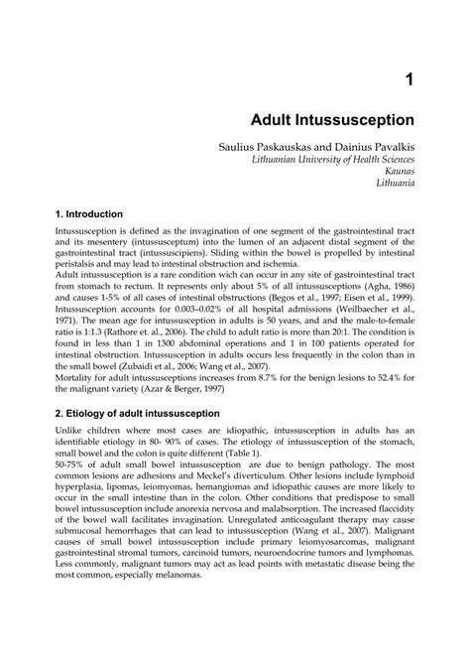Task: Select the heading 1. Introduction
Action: (89, 213)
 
